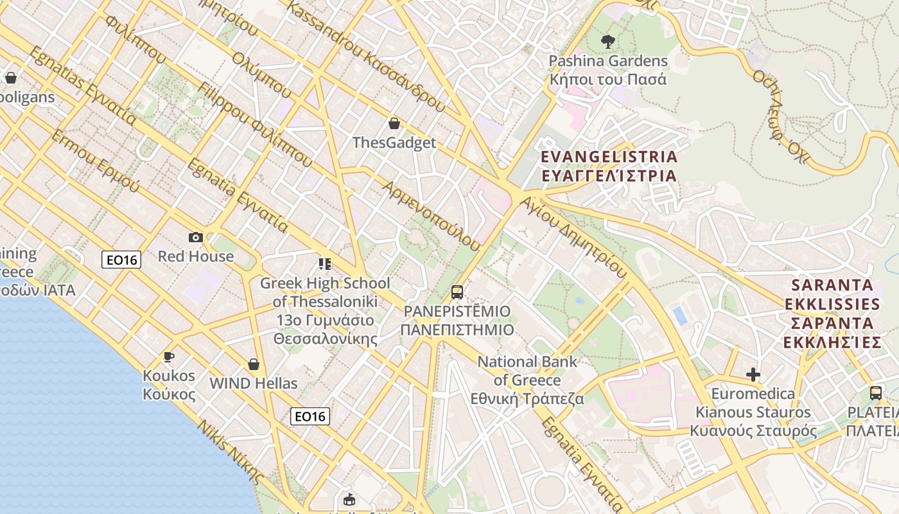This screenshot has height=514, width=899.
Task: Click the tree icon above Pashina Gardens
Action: (607, 42)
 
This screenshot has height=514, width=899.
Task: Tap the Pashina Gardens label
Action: (607, 70)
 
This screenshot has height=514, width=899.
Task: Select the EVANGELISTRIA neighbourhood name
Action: (609, 166)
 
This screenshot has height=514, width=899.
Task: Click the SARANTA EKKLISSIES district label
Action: (832, 314)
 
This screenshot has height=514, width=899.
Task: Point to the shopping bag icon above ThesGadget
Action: (394, 123)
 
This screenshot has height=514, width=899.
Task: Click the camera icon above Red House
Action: (196, 238)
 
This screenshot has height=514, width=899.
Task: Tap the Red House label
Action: (196, 256)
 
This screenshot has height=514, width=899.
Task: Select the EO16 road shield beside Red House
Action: (121, 260)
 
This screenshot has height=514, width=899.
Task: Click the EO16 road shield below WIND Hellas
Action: (310, 416)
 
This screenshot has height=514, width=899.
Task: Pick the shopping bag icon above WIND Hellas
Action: (254, 364)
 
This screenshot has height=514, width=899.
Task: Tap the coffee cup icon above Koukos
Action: (168, 357)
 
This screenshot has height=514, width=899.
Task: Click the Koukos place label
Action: (169, 384)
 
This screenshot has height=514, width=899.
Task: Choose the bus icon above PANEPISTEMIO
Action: (457, 292)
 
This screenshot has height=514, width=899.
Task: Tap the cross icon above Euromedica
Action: (753, 374)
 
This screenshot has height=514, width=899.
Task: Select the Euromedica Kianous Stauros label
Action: (753, 412)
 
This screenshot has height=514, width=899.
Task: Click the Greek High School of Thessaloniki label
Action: (324, 311)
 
